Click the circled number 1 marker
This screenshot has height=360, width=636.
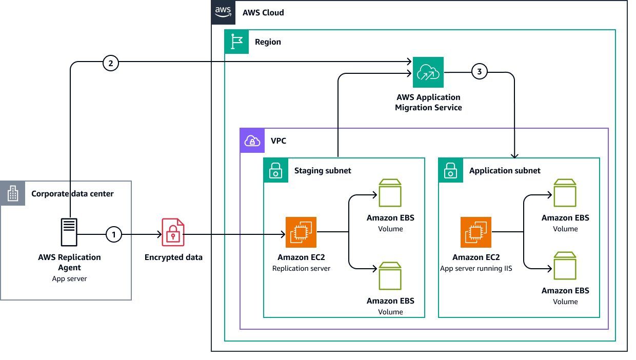coord(113,235)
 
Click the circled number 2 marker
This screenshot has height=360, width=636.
coord(111,63)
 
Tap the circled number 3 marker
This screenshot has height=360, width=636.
coord(479,72)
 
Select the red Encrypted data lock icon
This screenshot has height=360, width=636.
coord(173,232)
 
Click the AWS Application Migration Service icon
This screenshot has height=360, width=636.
coord(428,72)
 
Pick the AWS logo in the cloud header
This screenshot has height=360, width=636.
coord(223,12)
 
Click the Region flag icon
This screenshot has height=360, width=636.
coord(236,42)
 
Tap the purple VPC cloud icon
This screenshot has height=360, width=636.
coord(252,141)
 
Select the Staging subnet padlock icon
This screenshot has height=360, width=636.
coord(275,170)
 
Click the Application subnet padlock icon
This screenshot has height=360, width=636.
coord(450,170)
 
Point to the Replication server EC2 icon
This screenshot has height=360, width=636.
coord(301,232)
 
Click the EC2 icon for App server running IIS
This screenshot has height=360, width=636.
coord(476,232)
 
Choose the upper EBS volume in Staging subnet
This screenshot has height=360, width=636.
coord(390,193)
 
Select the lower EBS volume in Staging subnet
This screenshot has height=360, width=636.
coord(390,276)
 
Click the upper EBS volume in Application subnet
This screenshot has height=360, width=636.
coord(565,193)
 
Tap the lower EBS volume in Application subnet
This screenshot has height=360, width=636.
coord(565,266)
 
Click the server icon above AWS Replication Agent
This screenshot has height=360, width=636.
coord(69,232)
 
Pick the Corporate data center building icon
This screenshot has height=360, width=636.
coord(12,193)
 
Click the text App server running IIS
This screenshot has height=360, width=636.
coord(475,268)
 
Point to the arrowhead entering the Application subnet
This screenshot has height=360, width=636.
coord(514,155)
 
